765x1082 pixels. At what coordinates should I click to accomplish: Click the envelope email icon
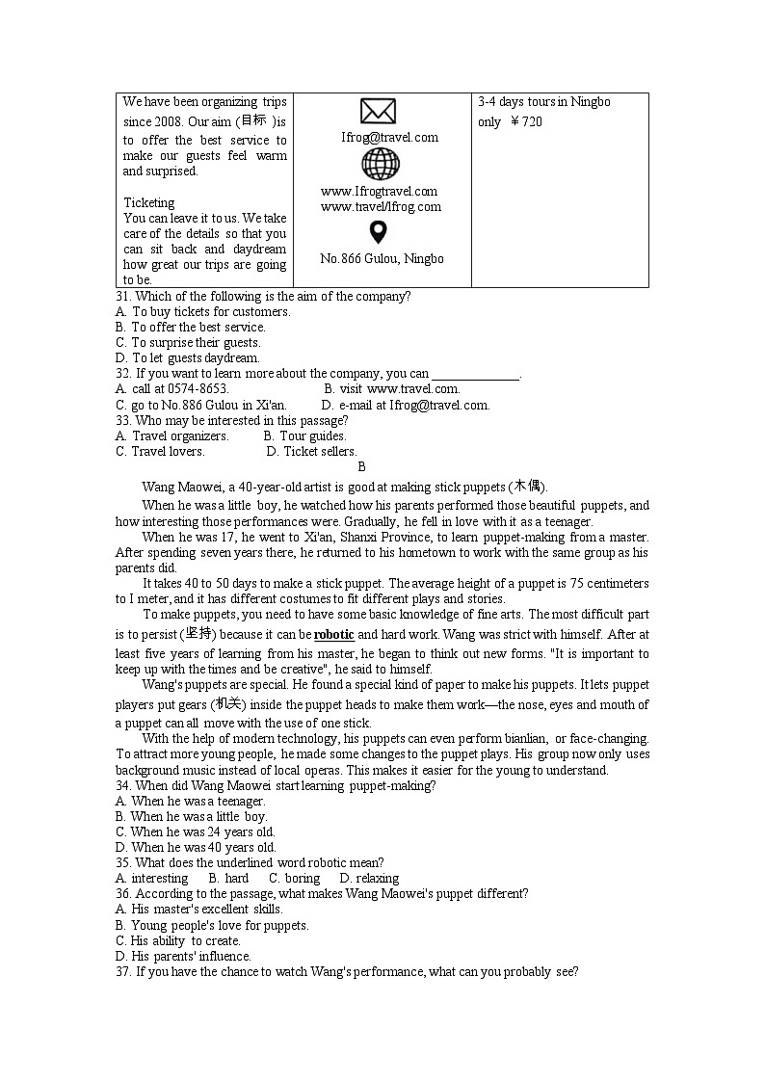click(378, 112)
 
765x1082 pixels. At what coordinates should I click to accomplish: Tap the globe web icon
click(380, 164)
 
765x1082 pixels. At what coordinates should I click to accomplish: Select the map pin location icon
click(378, 233)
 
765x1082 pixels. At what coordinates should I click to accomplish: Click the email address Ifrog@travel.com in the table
click(389, 138)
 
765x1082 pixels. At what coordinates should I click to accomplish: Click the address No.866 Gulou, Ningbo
click(382, 259)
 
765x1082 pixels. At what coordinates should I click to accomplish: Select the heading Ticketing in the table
click(149, 203)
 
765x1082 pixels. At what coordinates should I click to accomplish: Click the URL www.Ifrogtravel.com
click(379, 192)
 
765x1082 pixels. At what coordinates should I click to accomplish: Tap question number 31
click(122, 297)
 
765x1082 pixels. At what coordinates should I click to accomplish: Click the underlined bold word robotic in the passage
click(334, 635)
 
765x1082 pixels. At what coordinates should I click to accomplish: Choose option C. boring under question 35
click(294, 879)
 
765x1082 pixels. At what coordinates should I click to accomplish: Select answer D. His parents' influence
click(183, 957)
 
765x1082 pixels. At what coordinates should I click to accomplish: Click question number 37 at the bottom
click(122, 972)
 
